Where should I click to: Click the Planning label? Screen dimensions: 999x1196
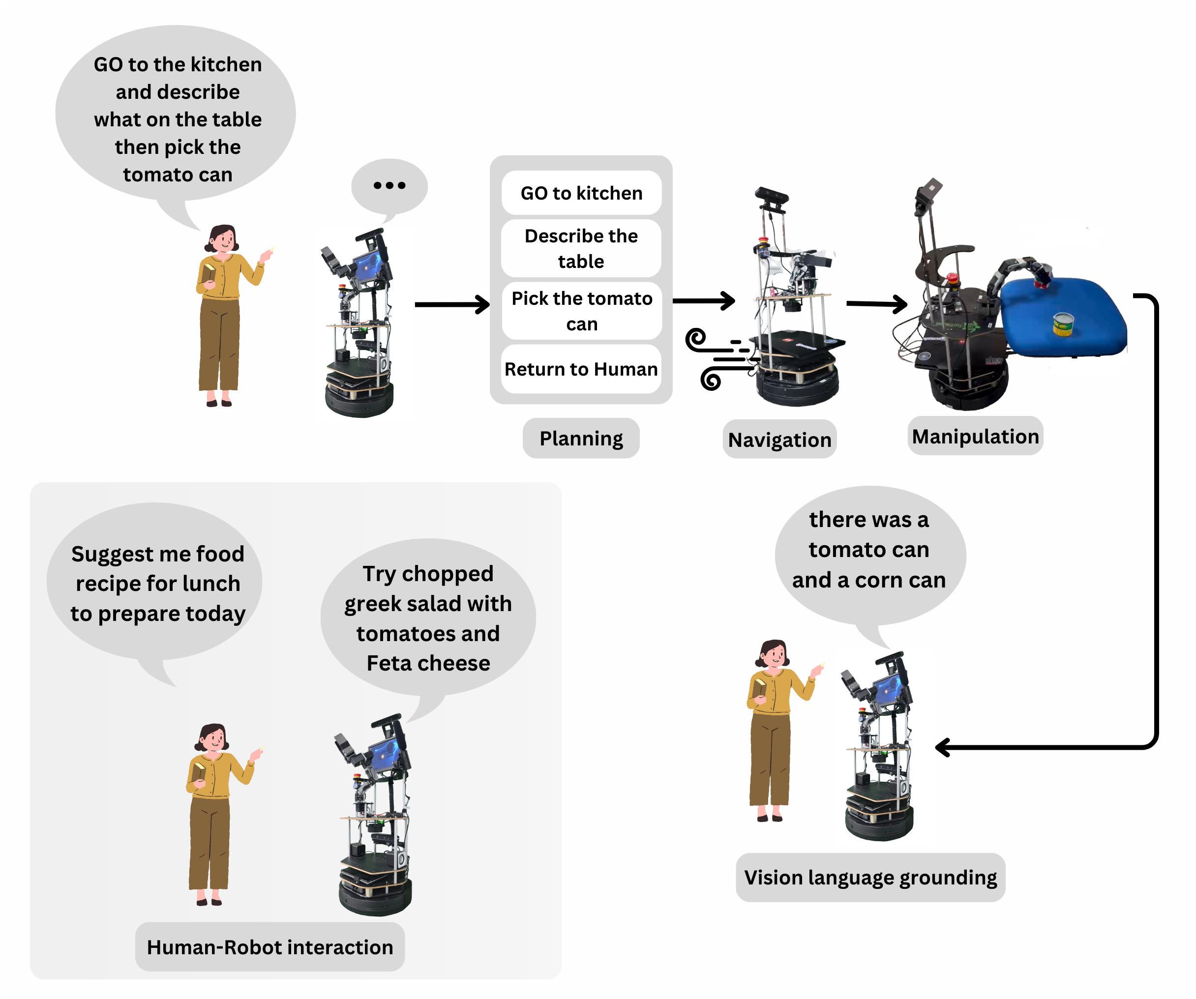(x=581, y=439)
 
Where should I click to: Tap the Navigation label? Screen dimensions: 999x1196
(x=779, y=440)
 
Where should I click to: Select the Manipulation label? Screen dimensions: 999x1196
(x=975, y=436)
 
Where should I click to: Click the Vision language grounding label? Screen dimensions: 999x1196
(x=870, y=877)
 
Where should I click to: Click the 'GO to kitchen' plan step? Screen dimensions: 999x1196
(x=581, y=193)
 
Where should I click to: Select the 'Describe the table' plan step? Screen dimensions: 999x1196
(x=581, y=248)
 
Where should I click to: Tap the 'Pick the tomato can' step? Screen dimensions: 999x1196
(x=581, y=311)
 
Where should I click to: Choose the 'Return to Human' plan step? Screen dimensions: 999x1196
(x=581, y=369)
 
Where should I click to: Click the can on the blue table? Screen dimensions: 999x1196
(x=1063, y=324)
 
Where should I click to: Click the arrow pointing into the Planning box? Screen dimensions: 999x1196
(x=452, y=304)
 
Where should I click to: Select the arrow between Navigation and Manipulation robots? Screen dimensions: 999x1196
(x=877, y=304)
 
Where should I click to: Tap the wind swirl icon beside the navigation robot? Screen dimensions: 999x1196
(x=718, y=358)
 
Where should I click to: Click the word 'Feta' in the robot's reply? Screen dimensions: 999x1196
(x=389, y=663)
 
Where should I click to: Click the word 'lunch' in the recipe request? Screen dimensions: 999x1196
(x=211, y=584)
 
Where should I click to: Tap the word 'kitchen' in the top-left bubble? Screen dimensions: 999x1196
(x=226, y=64)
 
